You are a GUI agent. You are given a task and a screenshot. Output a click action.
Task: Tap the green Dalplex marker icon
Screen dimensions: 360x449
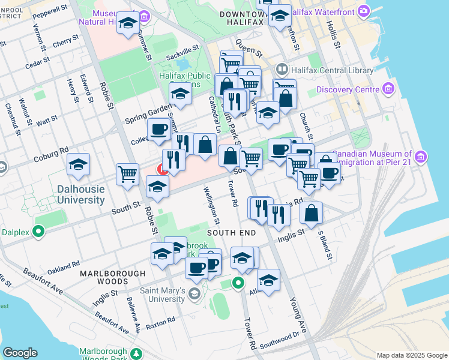(39, 230)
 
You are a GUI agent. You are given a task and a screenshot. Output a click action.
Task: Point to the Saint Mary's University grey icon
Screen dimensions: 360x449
(194, 293)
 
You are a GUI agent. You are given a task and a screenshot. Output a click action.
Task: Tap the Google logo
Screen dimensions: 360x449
(20, 353)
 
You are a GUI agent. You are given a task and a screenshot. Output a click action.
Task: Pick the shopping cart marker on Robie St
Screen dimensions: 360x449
(127, 174)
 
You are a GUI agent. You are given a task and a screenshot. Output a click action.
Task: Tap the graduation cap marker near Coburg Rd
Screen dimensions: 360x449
(78, 164)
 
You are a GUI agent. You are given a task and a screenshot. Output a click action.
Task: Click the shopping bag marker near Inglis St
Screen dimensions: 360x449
(312, 212)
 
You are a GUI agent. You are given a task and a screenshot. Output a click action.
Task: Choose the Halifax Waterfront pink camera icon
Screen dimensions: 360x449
(363, 11)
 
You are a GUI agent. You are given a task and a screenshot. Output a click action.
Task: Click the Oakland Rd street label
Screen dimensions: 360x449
(64, 267)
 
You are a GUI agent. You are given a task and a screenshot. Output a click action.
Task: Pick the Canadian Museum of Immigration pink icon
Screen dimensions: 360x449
(421, 157)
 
